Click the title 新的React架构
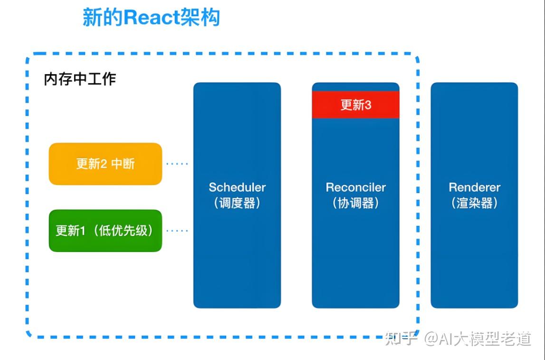click(151, 18)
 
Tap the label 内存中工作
click(80, 79)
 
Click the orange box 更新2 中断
click(105, 164)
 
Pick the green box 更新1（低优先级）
click(105, 231)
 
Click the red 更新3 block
click(355, 105)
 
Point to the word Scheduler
click(237, 187)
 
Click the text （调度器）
click(237, 204)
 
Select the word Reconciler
click(355, 187)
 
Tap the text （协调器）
click(355, 204)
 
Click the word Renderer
click(474, 187)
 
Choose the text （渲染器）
click(474, 204)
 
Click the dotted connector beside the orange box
click(177, 164)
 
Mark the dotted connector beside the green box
click(177, 231)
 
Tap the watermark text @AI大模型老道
click(478, 339)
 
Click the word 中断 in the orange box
click(123, 164)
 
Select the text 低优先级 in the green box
click(124, 231)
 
